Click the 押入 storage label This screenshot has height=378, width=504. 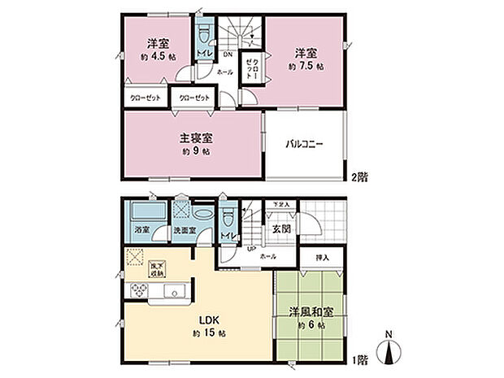[x=323, y=257]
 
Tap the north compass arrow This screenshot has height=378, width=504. [x=390, y=350]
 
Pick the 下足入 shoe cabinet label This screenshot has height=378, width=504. [x=279, y=204]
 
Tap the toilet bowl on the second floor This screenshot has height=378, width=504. [x=204, y=33]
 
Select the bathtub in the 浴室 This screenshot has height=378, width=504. [x=145, y=213]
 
